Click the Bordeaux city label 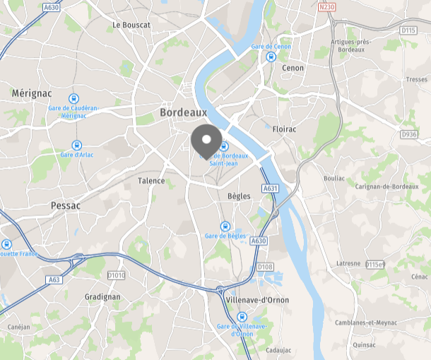pyautogui.click(x=183, y=112)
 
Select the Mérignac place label pyautogui.click(x=31, y=93)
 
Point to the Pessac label pyautogui.click(x=66, y=205)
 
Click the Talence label pyautogui.click(x=151, y=181)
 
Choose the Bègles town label pyautogui.click(x=239, y=196)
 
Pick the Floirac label pyautogui.click(x=284, y=129)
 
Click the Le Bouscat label pyautogui.click(x=131, y=25)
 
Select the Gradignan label pyautogui.click(x=102, y=297)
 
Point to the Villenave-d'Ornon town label pyautogui.click(x=256, y=300)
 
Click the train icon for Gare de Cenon pyautogui.click(x=270, y=57)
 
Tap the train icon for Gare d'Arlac pyautogui.click(x=77, y=145)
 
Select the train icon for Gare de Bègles pyautogui.click(x=225, y=227)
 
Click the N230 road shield pyautogui.click(x=326, y=8)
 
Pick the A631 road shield pyautogui.click(x=270, y=188)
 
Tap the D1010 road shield pyautogui.click(x=116, y=275)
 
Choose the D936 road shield pyautogui.click(x=409, y=134)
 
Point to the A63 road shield pyautogui.click(x=55, y=280)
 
